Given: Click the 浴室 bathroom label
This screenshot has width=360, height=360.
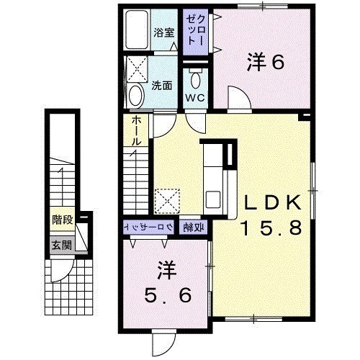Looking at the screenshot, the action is (x=164, y=32).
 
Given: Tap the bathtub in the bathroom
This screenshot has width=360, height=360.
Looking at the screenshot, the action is (x=137, y=30).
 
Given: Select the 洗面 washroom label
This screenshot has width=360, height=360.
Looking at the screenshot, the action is (x=162, y=86).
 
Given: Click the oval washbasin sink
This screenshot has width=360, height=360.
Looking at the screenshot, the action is (x=136, y=96).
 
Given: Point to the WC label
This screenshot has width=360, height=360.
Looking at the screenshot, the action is (x=195, y=98).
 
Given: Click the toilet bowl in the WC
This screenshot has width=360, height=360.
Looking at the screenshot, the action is (x=196, y=81).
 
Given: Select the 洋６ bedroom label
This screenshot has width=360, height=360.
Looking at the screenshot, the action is (x=266, y=62).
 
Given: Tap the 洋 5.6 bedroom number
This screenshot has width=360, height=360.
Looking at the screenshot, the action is (x=168, y=295).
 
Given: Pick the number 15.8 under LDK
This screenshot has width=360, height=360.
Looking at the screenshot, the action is (x=271, y=228).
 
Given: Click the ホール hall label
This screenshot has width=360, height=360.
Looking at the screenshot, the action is (x=136, y=131).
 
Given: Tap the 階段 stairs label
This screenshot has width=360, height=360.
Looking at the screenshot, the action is (x=63, y=220).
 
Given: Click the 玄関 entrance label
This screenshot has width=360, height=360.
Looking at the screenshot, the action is (x=62, y=246).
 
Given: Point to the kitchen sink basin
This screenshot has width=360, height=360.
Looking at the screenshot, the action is (x=213, y=199).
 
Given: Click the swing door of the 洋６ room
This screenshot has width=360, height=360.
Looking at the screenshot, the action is (x=239, y=97).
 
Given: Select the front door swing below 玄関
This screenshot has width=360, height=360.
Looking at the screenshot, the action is (x=62, y=271).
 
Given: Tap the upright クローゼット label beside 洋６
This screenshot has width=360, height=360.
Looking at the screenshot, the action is (x=195, y=31).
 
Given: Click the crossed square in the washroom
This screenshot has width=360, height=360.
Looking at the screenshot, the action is (x=137, y=69).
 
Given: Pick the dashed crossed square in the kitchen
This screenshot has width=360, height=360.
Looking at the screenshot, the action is (x=167, y=201).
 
